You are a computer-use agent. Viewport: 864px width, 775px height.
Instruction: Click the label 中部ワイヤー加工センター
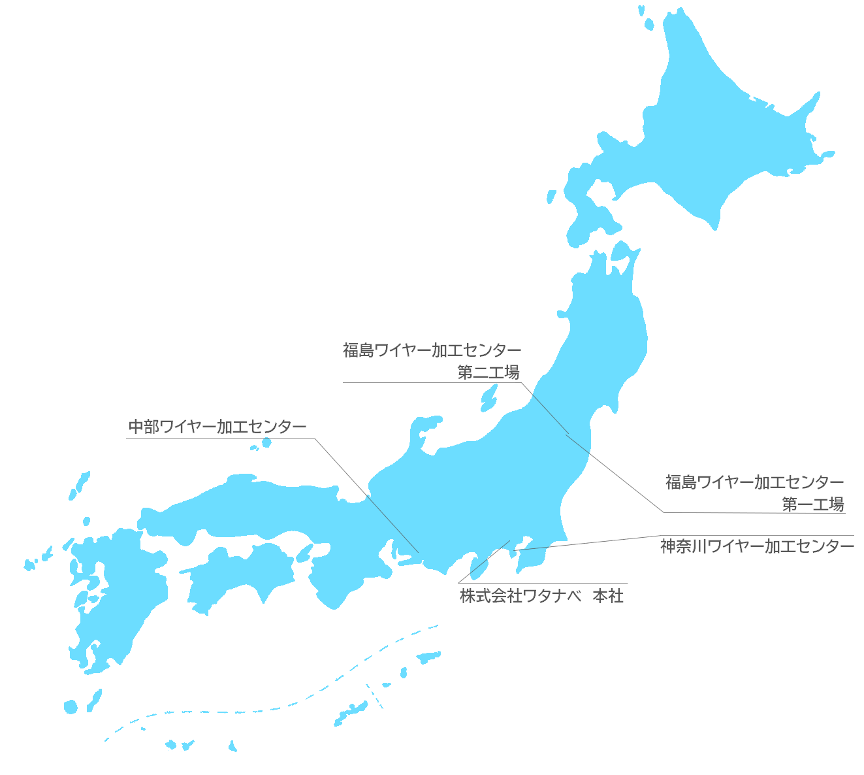(x=217, y=427)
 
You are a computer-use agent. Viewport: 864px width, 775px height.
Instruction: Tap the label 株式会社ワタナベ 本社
(x=541, y=596)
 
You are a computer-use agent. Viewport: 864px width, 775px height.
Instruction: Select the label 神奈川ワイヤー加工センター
(x=756, y=546)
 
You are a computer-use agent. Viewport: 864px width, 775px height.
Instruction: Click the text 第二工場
(x=488, y=372)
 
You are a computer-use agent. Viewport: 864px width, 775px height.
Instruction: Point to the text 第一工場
(x=812, y=504)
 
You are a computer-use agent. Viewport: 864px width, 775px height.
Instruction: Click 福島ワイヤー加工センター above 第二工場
(x=432, y=350)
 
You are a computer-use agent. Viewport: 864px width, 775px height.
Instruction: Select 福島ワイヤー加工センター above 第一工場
(x=754, y=482)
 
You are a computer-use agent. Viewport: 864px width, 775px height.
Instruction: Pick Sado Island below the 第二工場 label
(x=488, y=397)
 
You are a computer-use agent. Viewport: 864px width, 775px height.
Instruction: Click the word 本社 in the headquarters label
(x=607, y=596)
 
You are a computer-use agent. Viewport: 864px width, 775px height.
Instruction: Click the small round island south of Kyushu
(x=71, y=706)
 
